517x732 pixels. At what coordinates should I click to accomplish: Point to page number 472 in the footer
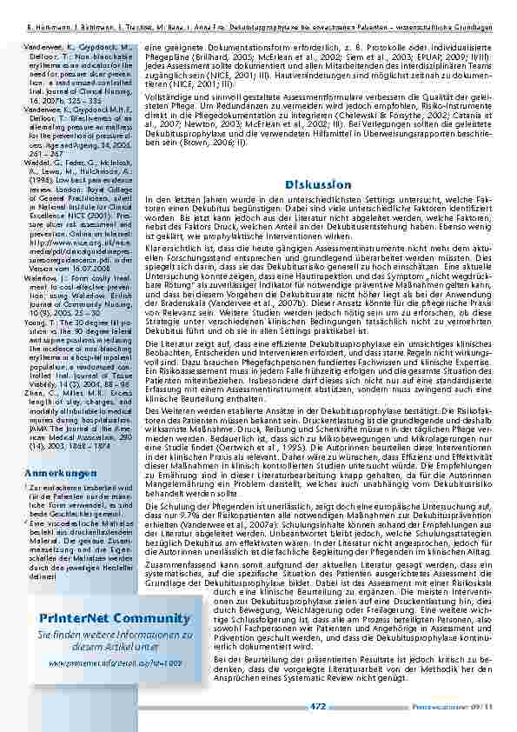click(318, 707)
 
